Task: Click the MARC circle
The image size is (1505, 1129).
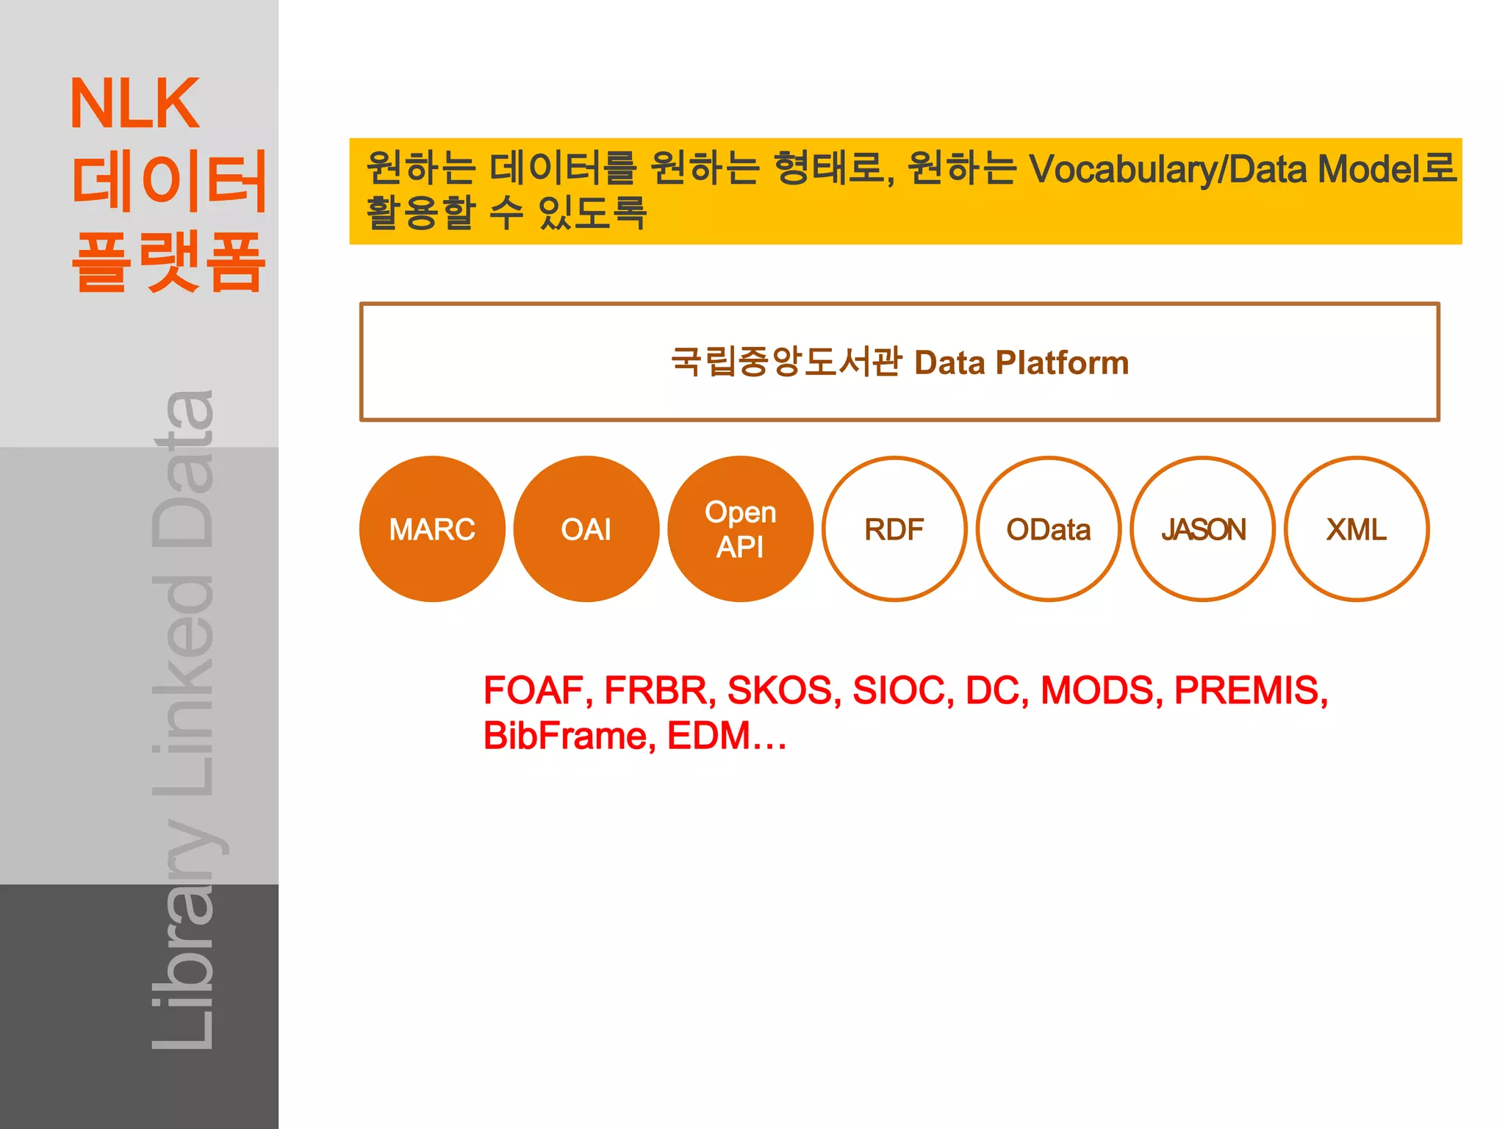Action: [432, 529]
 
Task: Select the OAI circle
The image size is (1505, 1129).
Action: [586, 529]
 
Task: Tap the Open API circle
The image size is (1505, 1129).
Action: [741, 529]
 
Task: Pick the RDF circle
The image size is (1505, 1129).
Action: [894, 529]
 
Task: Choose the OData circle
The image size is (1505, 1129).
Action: [1049, 529]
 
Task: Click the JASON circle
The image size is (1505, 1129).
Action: [1203, 529]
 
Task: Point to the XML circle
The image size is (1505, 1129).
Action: [1357, 529]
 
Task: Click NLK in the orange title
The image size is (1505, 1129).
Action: [134, 104]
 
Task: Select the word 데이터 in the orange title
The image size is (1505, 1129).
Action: [168, 182]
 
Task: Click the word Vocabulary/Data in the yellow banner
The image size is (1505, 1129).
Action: [1168, 169]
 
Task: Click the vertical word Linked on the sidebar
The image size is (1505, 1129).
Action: [184, 687]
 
